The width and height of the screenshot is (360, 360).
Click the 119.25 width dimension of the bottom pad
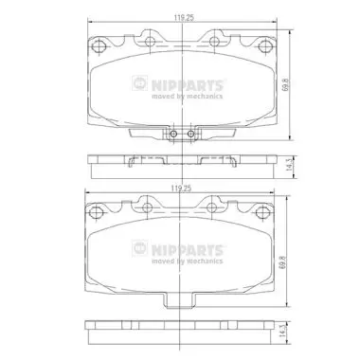point(181,189)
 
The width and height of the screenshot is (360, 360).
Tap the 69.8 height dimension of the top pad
point(286,85)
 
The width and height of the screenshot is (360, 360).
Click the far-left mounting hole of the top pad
point(98,46)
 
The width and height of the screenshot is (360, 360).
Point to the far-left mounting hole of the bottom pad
point(95,212)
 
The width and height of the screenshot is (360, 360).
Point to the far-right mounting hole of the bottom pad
point(261,212)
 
